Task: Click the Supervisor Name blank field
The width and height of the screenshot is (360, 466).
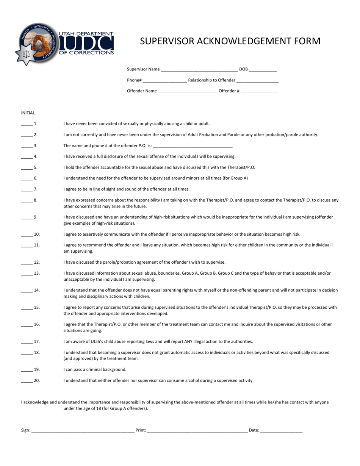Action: (199, 70)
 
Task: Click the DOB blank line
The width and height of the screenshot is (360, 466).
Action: (263, 70)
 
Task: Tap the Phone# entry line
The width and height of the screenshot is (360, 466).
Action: (165, 81)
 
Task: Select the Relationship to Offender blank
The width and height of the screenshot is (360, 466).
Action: (257, 81)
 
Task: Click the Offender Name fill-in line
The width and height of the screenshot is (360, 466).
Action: (188, 91)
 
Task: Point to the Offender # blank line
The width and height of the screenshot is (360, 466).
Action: (259, 91)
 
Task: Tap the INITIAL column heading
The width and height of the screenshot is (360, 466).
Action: (28, 113)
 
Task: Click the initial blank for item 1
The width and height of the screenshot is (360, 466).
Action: (27, 124)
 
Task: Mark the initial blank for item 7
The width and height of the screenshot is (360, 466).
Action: (27, 189)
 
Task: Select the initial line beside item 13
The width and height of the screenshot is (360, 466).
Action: (27, 274)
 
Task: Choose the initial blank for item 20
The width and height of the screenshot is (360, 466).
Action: (27, 381)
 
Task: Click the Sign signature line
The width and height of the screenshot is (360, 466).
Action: (83, 431)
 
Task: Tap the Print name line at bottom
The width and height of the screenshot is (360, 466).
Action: (197, 431)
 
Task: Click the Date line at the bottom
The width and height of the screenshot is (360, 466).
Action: (282, 431)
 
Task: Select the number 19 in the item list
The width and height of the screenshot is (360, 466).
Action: (37, 369)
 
